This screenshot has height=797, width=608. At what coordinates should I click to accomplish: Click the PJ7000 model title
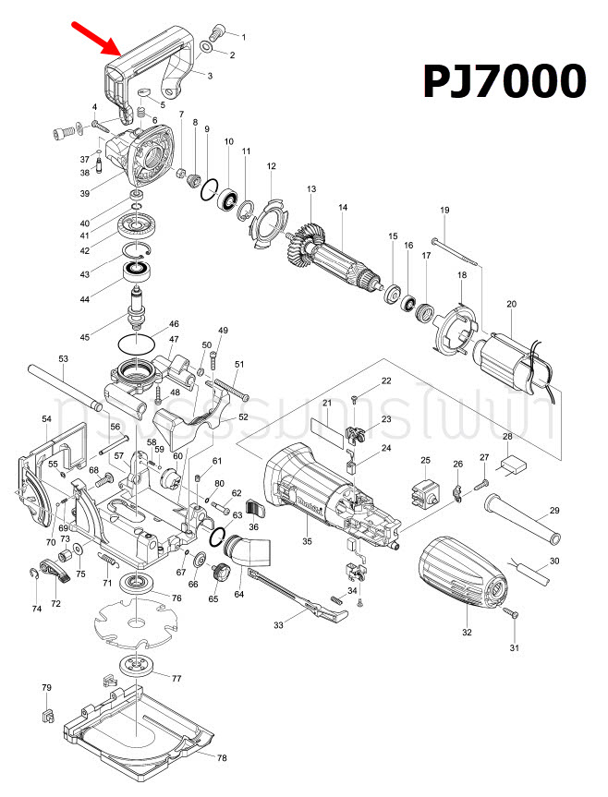click(x=505, y=81)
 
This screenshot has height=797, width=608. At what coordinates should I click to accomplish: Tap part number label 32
click(x=467, y=633)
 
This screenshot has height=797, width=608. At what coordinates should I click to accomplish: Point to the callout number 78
click(x=221, y=758)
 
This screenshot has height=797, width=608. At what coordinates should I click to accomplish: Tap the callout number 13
click(x=311, y=189)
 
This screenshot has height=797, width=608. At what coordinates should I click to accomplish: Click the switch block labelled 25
click(x=426, y=492)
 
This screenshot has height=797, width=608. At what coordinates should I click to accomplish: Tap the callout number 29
click(x=554, y=511)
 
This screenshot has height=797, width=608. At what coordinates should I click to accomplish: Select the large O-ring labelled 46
click(x=137, y=344)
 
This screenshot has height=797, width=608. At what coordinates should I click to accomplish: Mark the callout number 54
click(x=46, y=419)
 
